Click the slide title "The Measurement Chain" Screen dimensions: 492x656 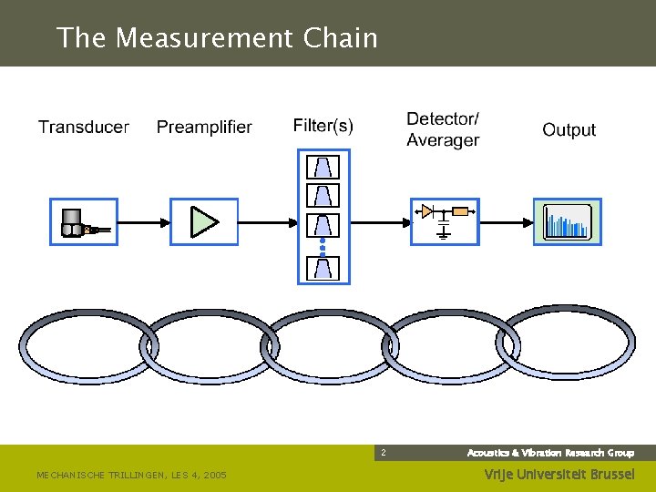click(217, 38)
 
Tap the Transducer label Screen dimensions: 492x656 click(84, 127)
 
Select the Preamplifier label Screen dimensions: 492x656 click(204, 127)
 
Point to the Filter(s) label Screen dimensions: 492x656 click(323, 125)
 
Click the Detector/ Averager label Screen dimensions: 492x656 click(443, 129)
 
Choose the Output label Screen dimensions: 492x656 click(569, 130)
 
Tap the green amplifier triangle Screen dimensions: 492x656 click(204, 221)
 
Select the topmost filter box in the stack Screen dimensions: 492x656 click(325, 167)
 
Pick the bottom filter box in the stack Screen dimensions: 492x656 click(325, 267)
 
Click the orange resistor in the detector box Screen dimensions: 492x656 click(460, 211)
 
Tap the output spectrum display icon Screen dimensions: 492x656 click(567, 222)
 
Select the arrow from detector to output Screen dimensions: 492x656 click(506, 221)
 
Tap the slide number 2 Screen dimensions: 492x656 click(383, 453)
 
